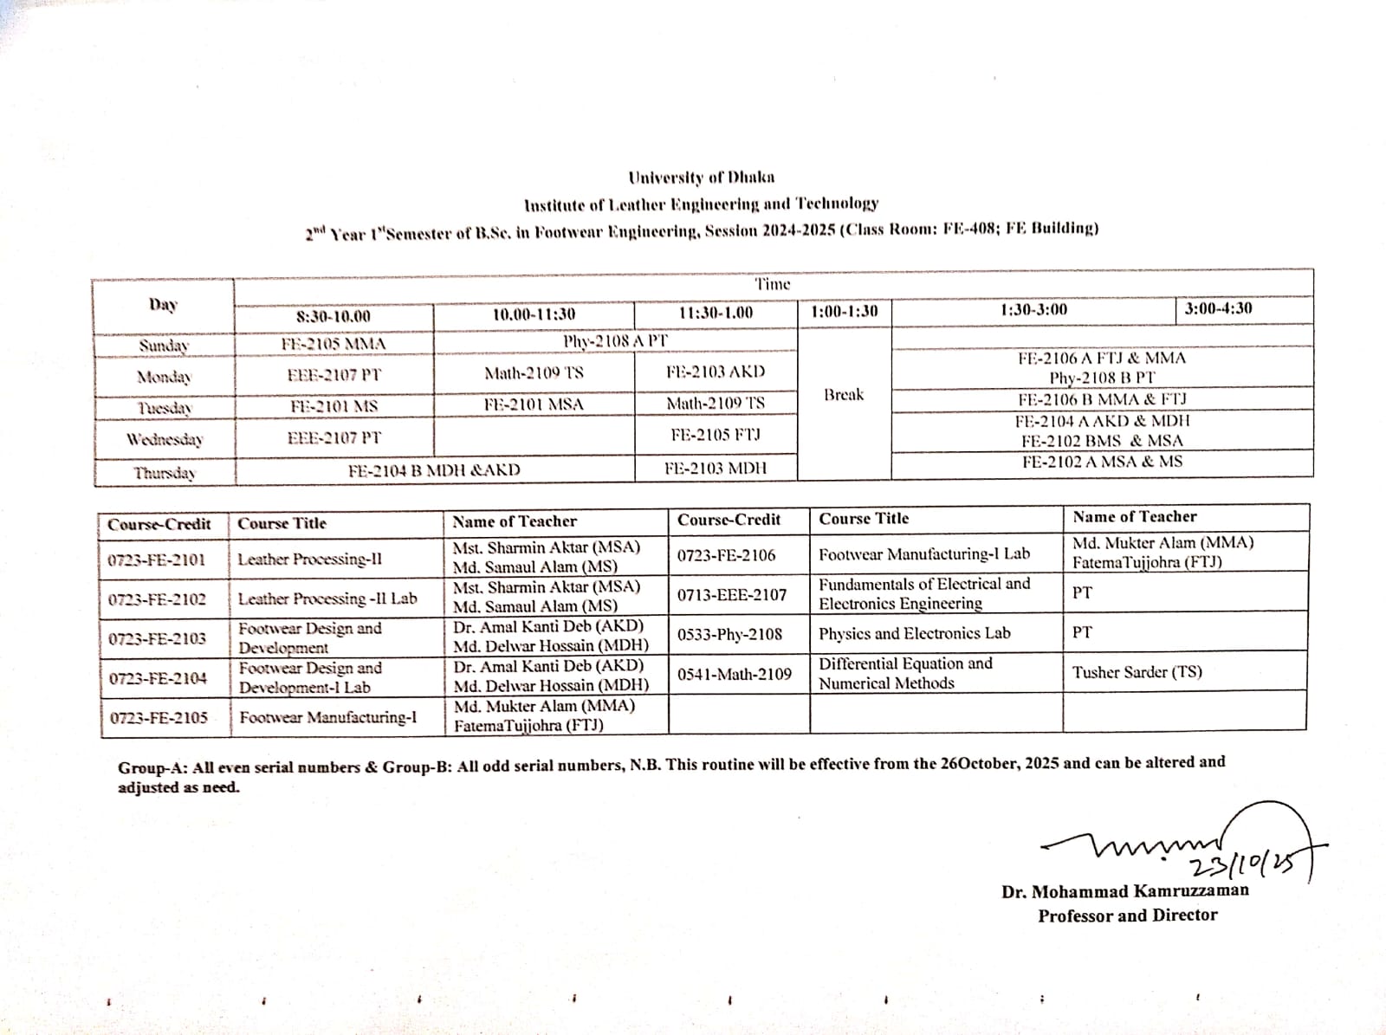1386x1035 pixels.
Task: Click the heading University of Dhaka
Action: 702,178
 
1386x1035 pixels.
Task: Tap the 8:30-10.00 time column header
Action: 333,316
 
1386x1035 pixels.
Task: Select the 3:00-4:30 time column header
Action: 1218,308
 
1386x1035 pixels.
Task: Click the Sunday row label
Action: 164,346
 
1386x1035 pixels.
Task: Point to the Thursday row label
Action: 165,473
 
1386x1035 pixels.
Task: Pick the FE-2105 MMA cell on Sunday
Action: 334,344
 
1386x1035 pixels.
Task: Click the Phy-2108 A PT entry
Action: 615,341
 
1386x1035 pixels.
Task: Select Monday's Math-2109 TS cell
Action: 534,373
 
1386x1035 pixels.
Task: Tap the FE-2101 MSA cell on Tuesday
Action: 534,404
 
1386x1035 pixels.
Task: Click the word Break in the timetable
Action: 844,395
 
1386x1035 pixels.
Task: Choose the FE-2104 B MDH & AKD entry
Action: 434,470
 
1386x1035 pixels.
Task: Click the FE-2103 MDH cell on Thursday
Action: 716,469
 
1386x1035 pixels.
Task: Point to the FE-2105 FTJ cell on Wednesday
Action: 716,435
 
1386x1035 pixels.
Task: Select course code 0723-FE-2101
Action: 157,560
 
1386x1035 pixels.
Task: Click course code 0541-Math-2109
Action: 734,674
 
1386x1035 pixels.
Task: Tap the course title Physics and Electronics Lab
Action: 914,633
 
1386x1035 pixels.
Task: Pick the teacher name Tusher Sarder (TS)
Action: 1137,672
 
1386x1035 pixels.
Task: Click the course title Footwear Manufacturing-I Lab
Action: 923,554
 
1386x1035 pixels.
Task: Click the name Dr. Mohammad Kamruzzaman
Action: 1124,891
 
